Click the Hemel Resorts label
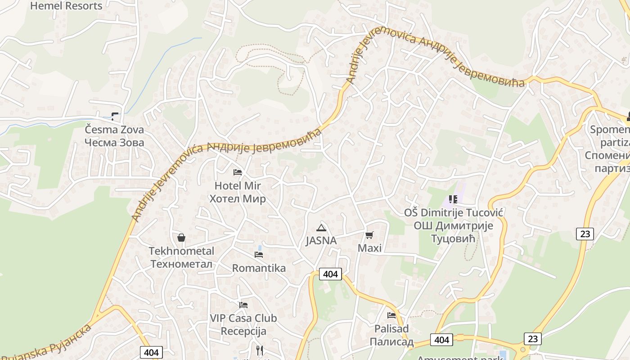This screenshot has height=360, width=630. coord(66,6)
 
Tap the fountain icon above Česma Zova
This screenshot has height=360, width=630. coord(115,117)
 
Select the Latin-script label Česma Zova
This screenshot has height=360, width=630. coord(115,130)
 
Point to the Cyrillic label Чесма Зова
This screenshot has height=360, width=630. coord(115,143)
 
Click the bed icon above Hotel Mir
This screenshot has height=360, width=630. coord(238,172)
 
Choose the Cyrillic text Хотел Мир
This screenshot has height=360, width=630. coord(238,198)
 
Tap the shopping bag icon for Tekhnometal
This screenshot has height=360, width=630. coord(181,238)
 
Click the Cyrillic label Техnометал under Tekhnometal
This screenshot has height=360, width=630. coord(181,264)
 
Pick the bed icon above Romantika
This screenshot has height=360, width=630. coord(259,255)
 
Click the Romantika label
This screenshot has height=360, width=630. coord(259,268)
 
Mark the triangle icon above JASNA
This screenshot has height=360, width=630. coord(321,228)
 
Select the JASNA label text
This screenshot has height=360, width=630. coord(321,241)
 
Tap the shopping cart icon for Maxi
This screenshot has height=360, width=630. coord(369,235)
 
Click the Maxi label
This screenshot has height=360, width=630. coord(369,248)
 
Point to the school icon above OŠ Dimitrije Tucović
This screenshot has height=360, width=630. coord(453,199)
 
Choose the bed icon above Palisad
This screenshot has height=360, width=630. coord(391,315)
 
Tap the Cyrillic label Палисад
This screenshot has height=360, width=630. coord(391,342)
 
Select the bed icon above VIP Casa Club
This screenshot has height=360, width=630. coord(243,305)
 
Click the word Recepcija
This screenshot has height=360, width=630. coord(243,331)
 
